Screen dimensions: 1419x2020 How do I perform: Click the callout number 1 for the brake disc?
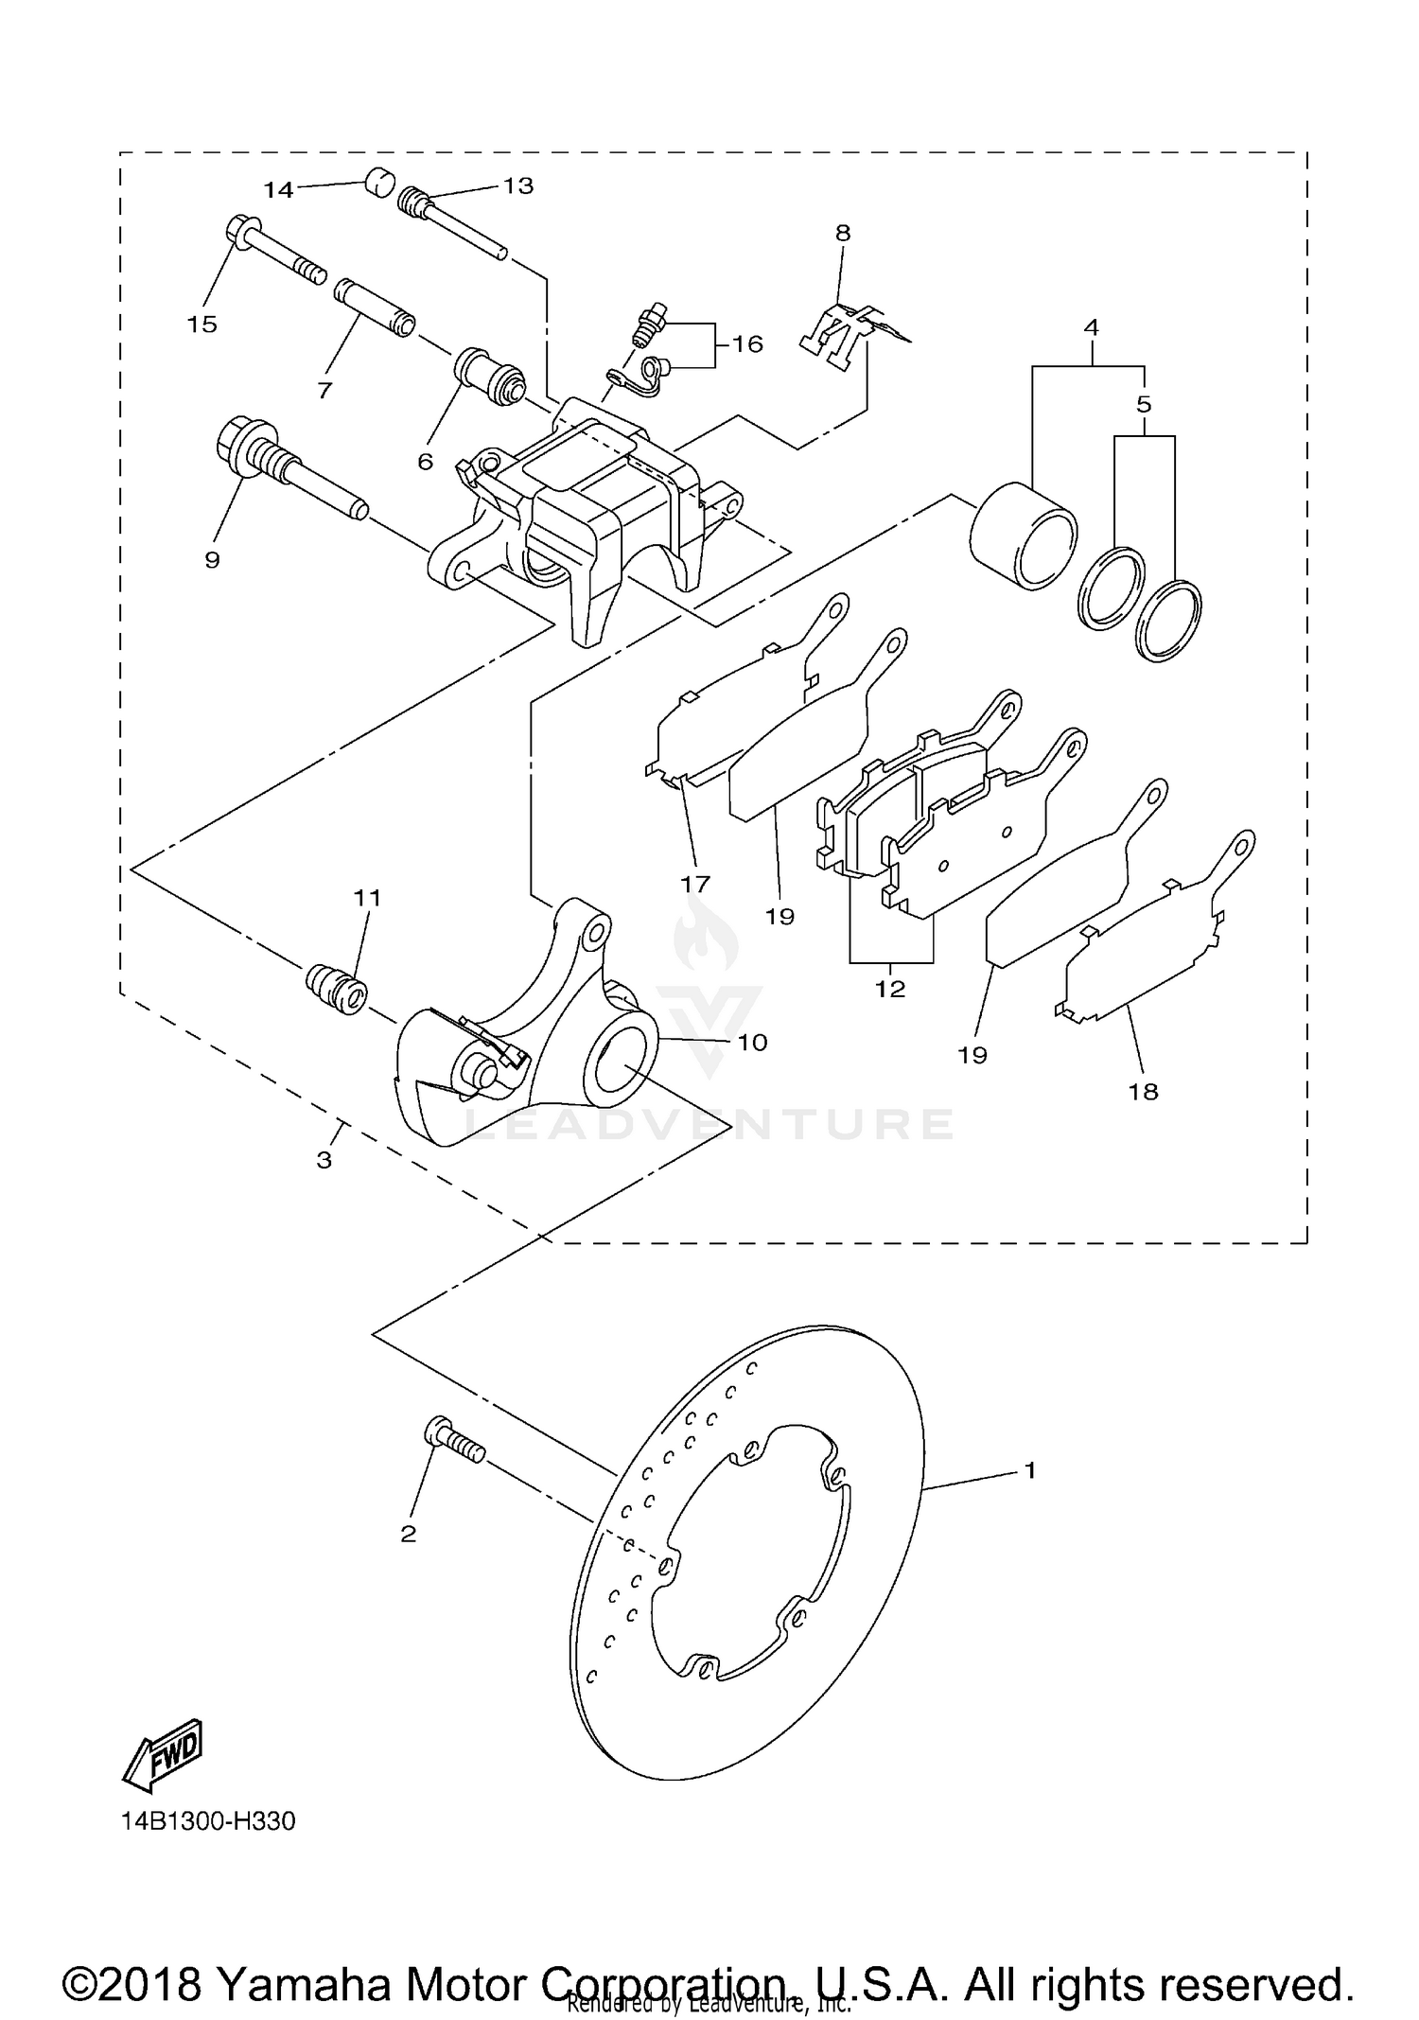tap(1030, 1470)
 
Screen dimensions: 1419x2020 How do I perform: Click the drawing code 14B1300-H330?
tap(208, 1821)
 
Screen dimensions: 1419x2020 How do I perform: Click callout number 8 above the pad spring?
tap(842, 233)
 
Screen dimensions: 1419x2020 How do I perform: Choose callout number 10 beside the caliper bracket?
tap(752, 1043)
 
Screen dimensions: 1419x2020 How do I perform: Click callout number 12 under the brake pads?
tap(890, 989)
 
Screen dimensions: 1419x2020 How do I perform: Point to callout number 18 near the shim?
tap(1143, 1092)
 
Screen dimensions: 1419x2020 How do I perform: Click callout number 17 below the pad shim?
tap(695, 884)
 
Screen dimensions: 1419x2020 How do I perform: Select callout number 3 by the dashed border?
tap(324, 1159)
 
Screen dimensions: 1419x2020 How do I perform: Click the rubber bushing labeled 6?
tap(491, 376)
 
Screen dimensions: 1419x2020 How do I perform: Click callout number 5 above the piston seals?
tap(1144, 404)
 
